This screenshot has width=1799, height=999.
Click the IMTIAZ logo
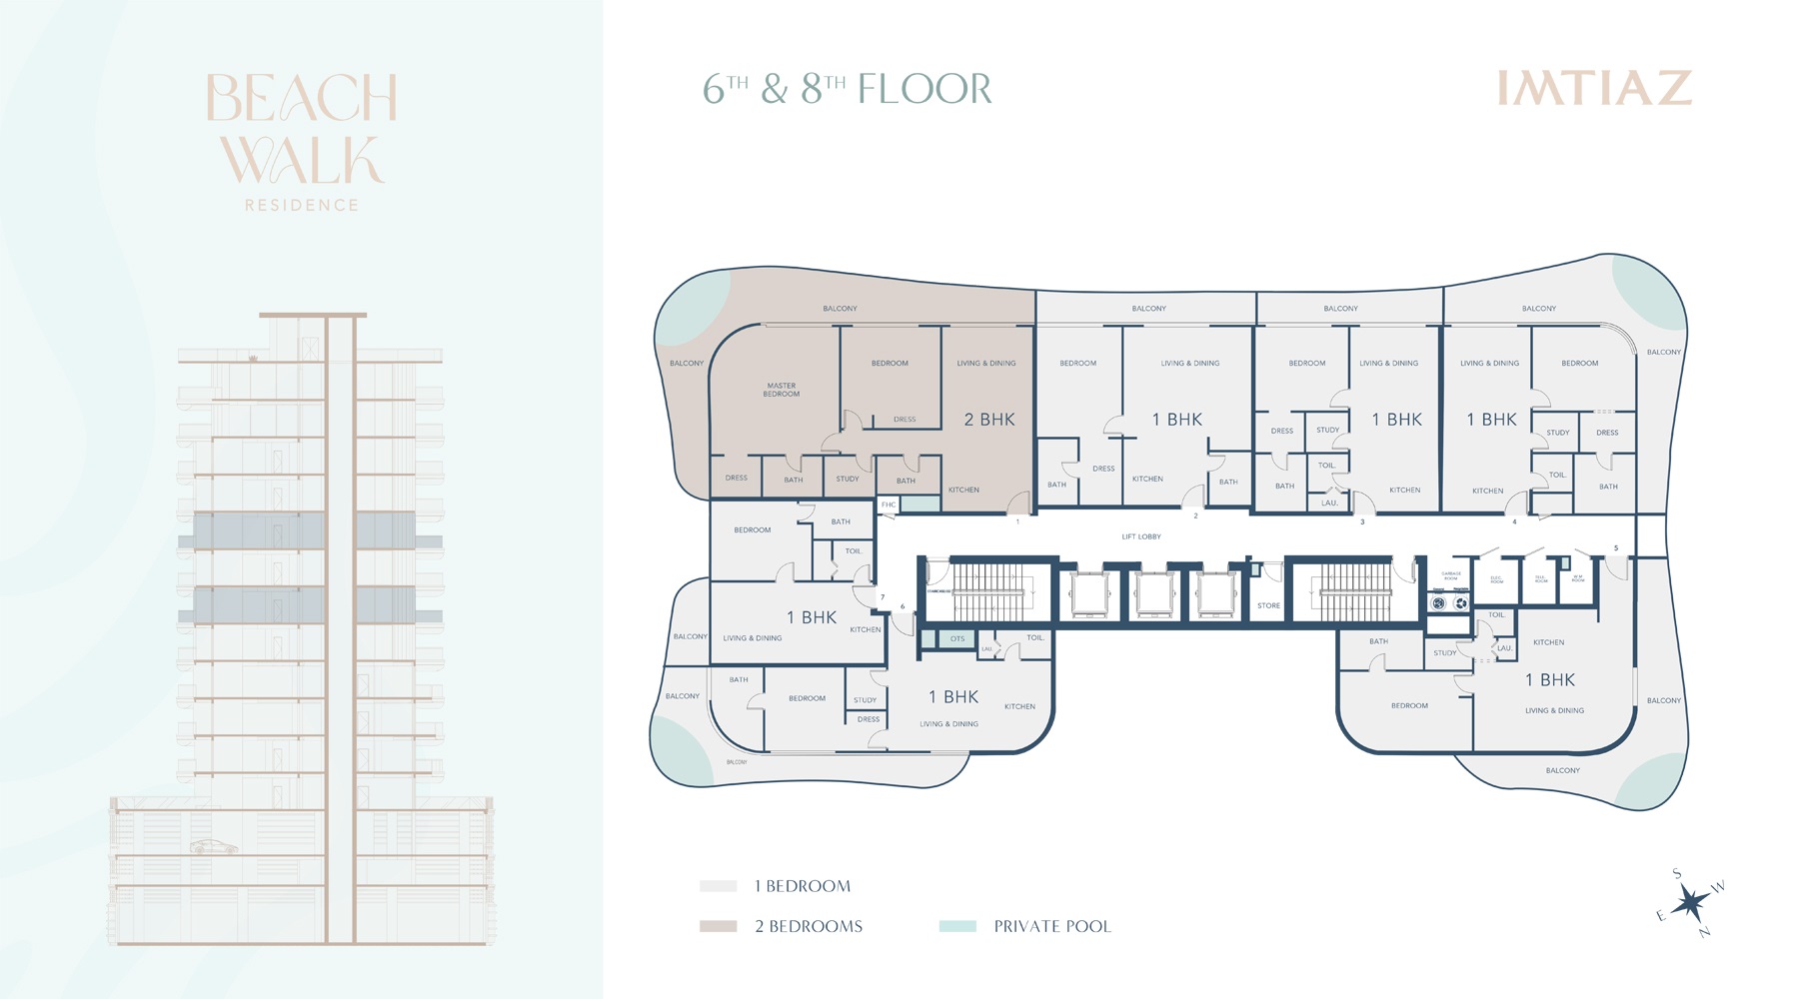pos(1594,88)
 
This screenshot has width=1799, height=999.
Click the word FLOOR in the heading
pos(924,90)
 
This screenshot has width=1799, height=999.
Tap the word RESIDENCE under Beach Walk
pos(301,205)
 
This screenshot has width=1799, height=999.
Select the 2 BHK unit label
pos(989,420)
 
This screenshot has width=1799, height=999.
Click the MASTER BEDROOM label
pos(782,390)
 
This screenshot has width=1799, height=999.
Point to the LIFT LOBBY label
pos(1141,536)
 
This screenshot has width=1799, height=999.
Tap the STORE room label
pos(1268,605)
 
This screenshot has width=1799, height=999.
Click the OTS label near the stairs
pos(957,638)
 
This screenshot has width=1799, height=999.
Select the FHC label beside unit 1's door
pos(889,504)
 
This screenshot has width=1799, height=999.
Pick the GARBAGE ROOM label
pos(1451,576)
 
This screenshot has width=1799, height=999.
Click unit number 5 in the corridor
pos(1616,547)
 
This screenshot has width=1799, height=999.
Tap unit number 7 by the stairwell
pos(883,597)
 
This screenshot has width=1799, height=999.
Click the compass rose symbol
pos(1691,903)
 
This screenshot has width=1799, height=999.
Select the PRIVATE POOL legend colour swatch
pos(957,926)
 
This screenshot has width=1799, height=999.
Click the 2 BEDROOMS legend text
pos(809,926)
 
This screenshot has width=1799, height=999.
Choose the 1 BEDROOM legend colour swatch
pos(718,886)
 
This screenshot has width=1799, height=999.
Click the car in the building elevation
pos(215,847)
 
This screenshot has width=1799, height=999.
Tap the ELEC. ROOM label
pos(1496,578)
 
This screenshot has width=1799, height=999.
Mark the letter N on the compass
pos(1704,933)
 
